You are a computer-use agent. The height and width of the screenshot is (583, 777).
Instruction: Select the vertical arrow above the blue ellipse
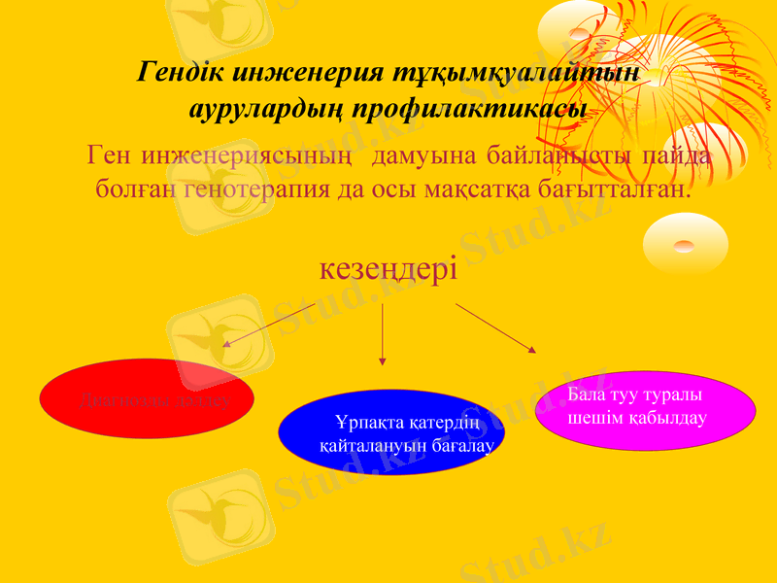pos(383,333)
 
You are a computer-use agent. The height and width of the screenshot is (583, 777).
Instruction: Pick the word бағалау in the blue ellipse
pos(460,446)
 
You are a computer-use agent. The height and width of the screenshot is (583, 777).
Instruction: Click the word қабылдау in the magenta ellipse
pos(665,417)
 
